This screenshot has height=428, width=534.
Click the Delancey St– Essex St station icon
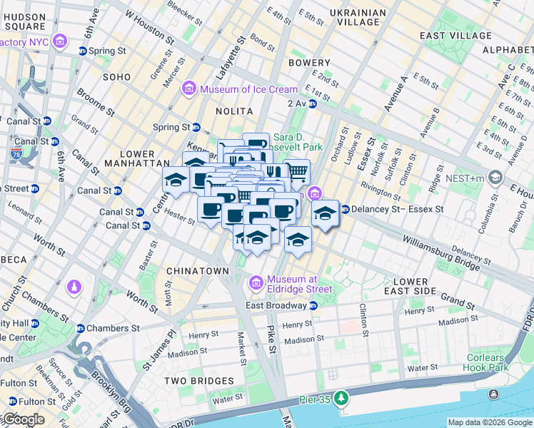pos(345,210)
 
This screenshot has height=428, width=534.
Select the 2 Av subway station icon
pos(312,103)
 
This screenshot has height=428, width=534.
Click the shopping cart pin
pos(298,171)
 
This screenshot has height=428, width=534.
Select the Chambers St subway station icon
pos(80,328)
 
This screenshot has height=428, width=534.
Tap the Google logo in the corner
pos(23,419)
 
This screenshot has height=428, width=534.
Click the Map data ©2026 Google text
pos(489,422)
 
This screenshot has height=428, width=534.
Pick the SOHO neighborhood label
pos(116,76)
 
